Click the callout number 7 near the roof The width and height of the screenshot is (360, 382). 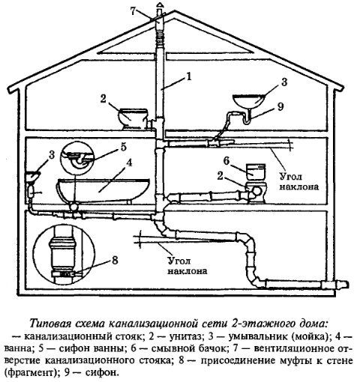pyautogui.click(x=133, y=11)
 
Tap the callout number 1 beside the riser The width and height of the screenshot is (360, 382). pyautogui.click(x=188, y=76)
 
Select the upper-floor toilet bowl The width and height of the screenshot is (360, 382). pyautogui.click(x=133, y=119)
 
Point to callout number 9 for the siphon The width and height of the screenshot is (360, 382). pyautogui.click(x=280, y=106)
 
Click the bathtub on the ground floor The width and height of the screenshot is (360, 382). pyautogui.click(x=103, y=189)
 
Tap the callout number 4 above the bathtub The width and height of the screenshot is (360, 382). pyautogui.click(x=128, y=163)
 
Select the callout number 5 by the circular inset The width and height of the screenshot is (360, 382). pyautogui.click(x=124, y=147)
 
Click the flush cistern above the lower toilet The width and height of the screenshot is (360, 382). pyautogui.click(x=255, y=172)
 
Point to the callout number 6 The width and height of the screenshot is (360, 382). pyautogui.click(x=226, y=161)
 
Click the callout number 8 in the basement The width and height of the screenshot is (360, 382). pyautogui.click(x=115, y=261)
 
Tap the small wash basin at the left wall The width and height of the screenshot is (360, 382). pyautogui.click(x=33, y=176)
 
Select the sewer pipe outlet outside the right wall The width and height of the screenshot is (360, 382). pyautogui.click(x=335, y=285)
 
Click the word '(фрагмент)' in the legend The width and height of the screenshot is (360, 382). pyautogui.click(x=32, y=373)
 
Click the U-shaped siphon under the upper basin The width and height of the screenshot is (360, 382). pyautogui.click(x=247, y=118)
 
